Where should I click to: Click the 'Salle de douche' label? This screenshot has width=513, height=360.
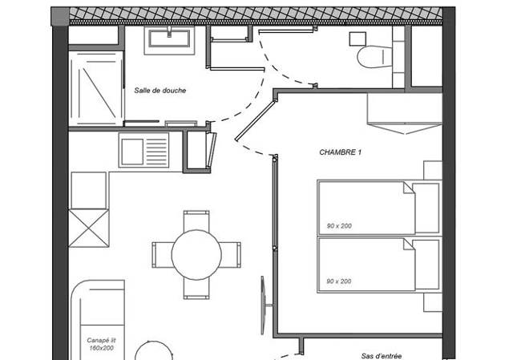160,91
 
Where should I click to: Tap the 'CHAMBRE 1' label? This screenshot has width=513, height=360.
340,152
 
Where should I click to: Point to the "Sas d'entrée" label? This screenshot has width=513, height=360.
382,356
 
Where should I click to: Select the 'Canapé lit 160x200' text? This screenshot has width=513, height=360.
102,344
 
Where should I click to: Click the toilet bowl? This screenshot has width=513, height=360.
374,57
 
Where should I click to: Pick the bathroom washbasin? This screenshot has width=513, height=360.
169,40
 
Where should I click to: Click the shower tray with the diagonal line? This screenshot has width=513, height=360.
96,88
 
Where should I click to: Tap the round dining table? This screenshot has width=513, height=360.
196,255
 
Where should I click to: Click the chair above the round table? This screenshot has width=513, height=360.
196,221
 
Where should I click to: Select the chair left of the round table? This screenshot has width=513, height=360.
163,255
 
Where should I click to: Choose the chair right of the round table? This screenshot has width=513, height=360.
230,255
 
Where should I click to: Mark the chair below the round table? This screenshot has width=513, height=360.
196,289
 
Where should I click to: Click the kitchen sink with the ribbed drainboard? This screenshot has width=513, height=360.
143,150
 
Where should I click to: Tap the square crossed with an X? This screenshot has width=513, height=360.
89,229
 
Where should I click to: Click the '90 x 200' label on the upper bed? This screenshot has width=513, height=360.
339,226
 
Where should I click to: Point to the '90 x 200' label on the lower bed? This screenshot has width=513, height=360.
339,281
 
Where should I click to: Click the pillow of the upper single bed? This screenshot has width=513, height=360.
426,208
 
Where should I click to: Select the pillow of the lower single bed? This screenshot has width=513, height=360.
426,265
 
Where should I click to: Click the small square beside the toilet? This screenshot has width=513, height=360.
357,39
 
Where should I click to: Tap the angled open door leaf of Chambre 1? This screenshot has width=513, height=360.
255,121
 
